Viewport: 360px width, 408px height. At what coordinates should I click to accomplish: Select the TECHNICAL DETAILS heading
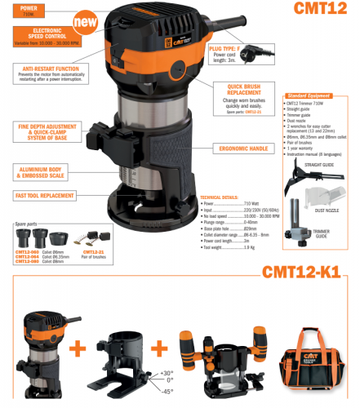pyautogui.click(x=220, y=197)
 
